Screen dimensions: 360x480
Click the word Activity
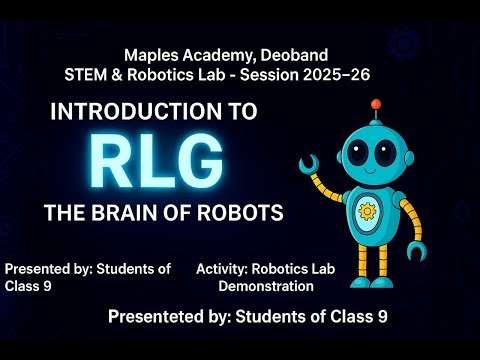point(222,269)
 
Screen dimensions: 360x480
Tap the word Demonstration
point(266,286)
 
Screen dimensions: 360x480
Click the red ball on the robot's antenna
point(376,103)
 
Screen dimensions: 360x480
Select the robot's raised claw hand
point(309,162)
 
